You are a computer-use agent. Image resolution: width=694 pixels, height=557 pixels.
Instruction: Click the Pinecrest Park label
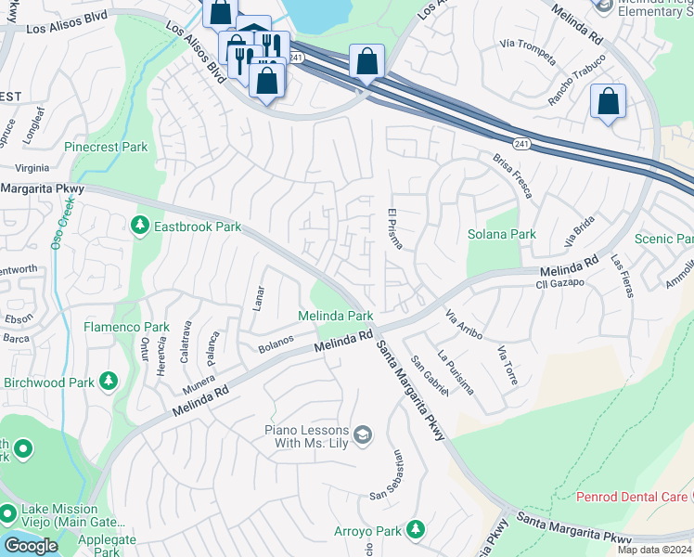[x=106, y=147]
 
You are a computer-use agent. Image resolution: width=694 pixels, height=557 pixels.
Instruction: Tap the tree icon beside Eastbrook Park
[x=140, y=226]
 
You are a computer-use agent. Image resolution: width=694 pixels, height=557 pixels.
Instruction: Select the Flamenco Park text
[x=126, y=327]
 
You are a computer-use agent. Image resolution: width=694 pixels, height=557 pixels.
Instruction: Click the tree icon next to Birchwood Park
[x=109, y=382]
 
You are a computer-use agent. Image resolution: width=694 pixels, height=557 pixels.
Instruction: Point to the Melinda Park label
[x=335, y=316]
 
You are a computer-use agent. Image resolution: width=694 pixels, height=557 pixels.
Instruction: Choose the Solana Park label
[x=501, y=234]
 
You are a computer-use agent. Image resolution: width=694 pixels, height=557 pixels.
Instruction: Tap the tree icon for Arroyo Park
[x=416, y=530]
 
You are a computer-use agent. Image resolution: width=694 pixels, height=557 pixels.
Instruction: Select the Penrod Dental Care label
[x=632, y=497]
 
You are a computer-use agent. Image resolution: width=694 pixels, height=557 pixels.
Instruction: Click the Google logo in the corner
[x=31, y=546]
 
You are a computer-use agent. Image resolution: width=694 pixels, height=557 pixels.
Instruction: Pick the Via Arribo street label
[x=463, y=325]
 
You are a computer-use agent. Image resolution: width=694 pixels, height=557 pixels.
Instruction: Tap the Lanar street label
[x=259, y=297]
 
